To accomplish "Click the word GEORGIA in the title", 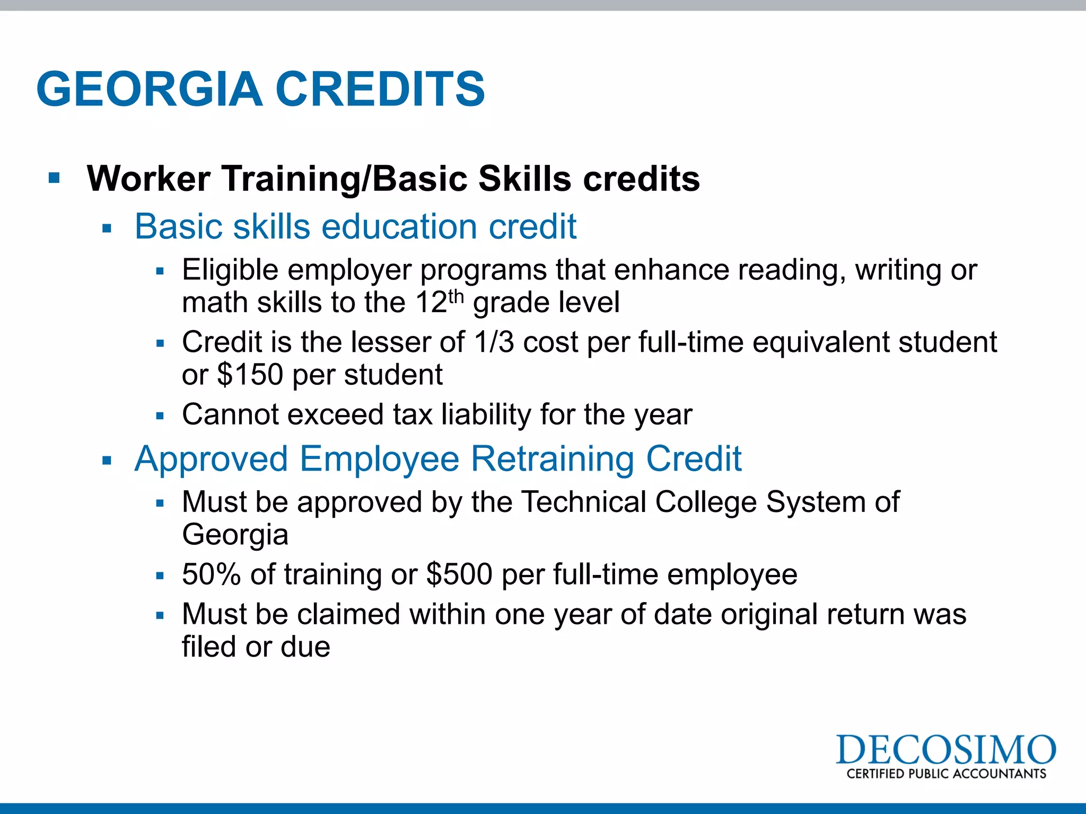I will (x=150, y=89).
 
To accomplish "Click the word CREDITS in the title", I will (x=380, y=89).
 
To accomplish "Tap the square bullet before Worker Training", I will (x=54, y=178).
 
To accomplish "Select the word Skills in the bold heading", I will (x=525, y=179).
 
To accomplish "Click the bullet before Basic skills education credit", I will (x=107, y=229).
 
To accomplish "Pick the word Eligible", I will (x=230, y=270).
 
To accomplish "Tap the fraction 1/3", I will (x=494, y=342).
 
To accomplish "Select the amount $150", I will (x=250, y=375).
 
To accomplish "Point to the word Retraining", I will (x=553, y=458).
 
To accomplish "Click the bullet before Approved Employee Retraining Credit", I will (x=107, y=461).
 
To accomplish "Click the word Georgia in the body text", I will (x=235, y=534).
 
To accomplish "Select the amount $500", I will (x=459, y=574).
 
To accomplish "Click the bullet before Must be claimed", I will (x=161, y=616).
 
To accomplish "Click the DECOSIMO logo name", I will (x=945, y=750).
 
